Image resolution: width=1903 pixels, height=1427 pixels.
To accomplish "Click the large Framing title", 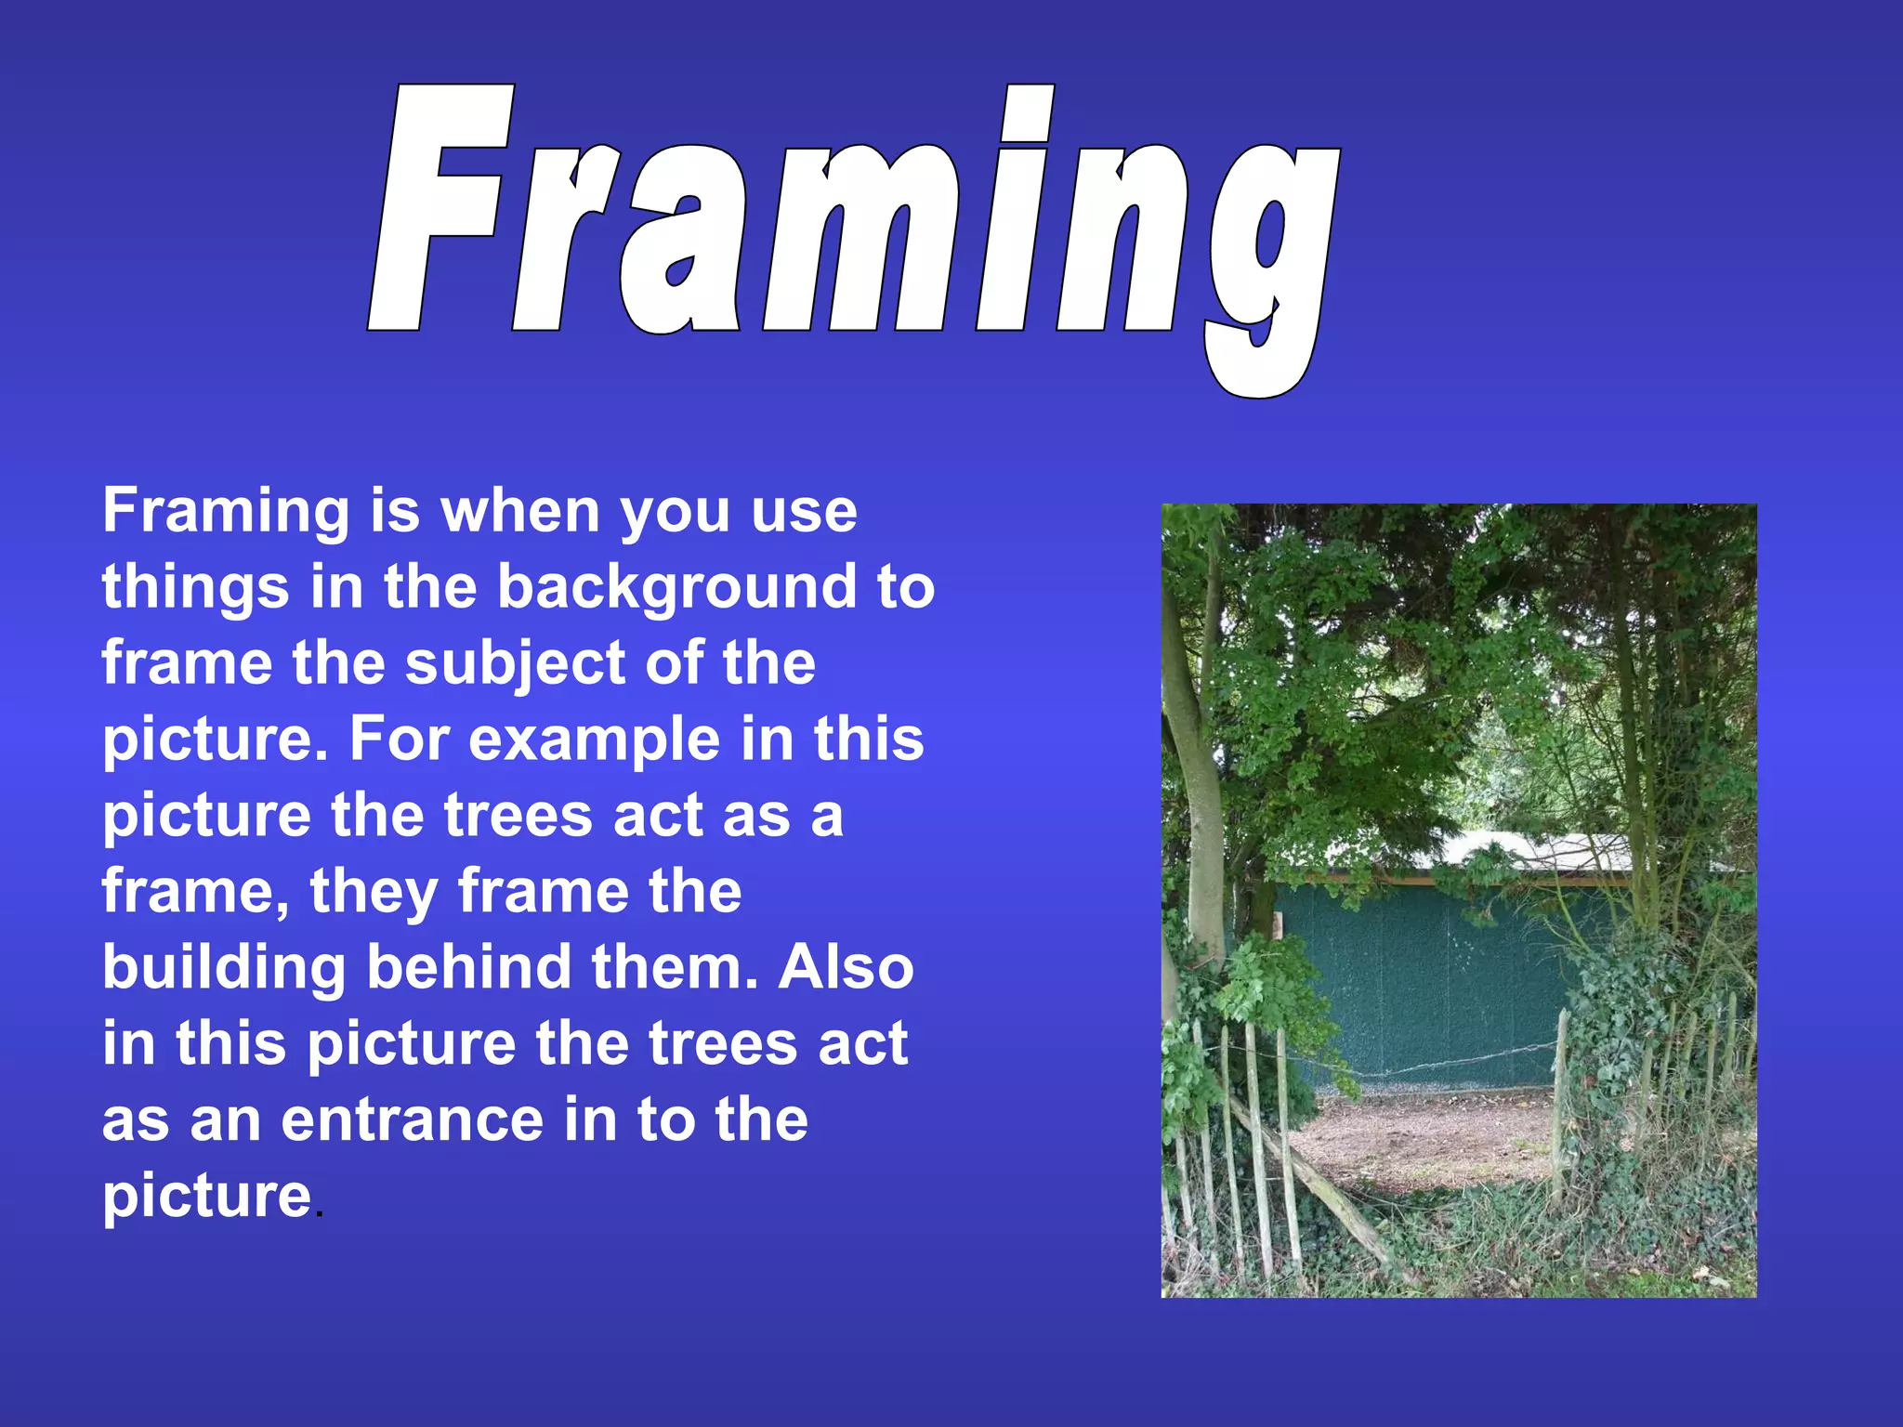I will coord(855,223).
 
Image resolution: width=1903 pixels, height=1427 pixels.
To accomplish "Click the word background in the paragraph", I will coord(676,589).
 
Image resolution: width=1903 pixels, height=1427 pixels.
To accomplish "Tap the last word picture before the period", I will coord(206,1197).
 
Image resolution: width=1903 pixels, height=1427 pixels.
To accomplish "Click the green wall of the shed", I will coord(1431,985).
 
